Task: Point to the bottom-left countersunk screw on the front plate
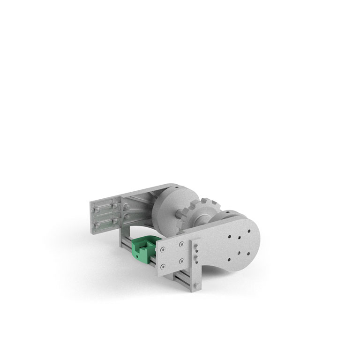(162, 267)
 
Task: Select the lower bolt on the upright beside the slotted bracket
(127, 217)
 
